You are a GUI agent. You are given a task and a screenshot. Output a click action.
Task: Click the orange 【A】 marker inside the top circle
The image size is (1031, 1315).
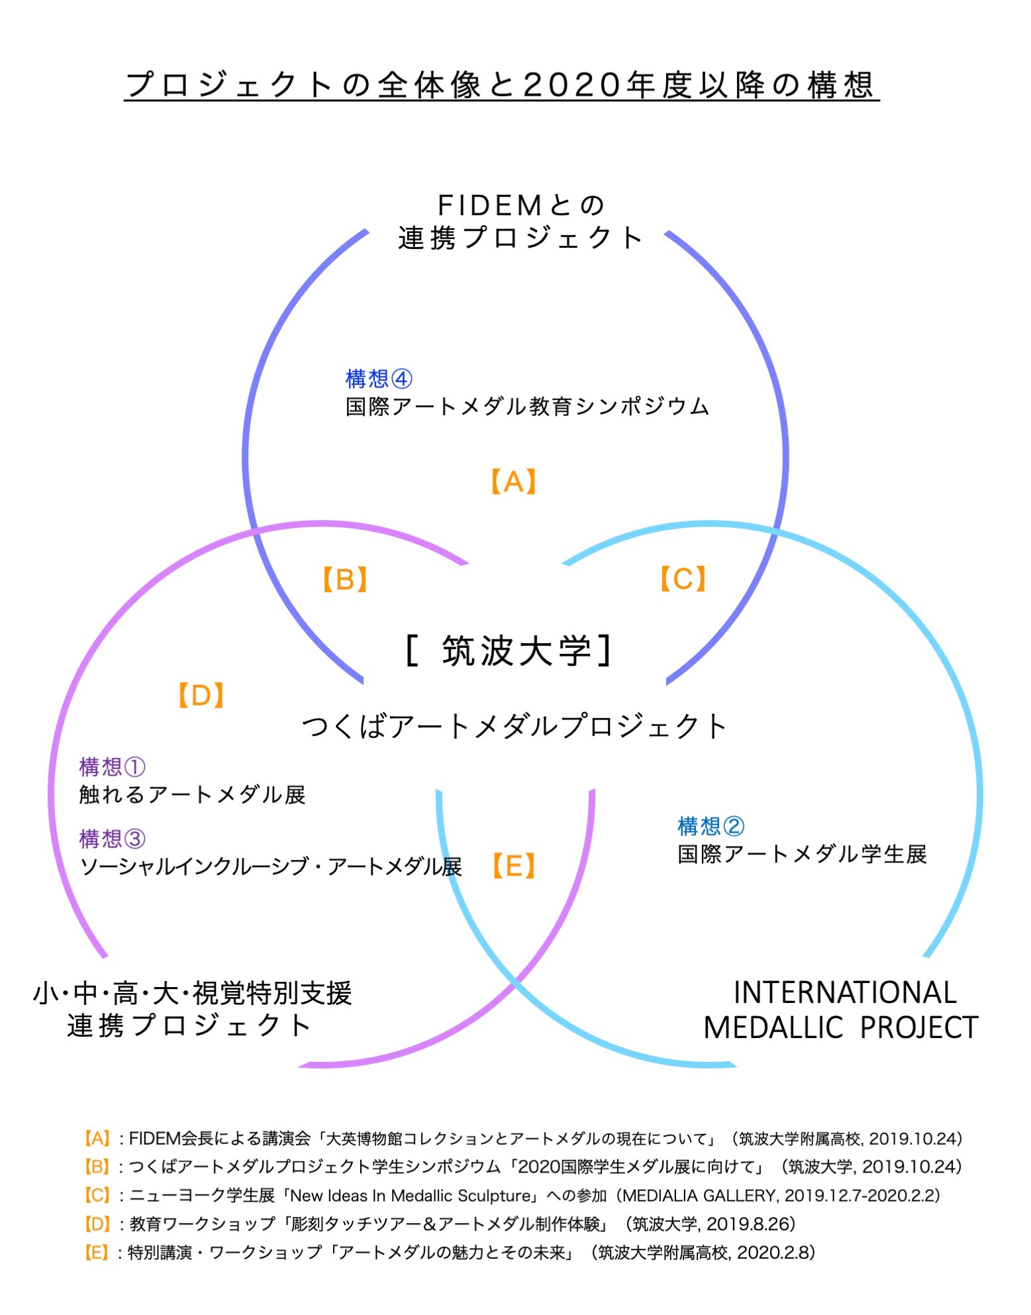(x=513, y=482)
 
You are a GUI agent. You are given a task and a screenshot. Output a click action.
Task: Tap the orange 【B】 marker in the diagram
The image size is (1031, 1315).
(x=345, y=579)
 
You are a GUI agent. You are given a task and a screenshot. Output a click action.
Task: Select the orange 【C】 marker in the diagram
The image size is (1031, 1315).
(x=683, y=578)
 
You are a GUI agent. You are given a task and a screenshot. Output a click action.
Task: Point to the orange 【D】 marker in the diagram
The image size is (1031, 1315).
(x=201, y=696)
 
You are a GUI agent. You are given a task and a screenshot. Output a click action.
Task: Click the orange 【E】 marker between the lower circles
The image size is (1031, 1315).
(x=515, y=866)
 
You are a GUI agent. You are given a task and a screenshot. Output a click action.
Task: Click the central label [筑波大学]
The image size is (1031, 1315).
(x=509, y=651)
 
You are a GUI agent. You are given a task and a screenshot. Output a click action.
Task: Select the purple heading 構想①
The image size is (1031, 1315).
(x=112, y=766)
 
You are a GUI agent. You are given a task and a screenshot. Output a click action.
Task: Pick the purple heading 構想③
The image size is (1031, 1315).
(x=112, y=839)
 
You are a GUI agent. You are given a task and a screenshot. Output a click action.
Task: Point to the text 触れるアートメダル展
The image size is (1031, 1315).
(x=192, y=794)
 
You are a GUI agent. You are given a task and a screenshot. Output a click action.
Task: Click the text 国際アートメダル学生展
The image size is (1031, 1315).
(x=802, y=854)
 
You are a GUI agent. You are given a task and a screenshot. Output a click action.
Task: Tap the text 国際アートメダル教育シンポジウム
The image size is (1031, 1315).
(x=527, y=406)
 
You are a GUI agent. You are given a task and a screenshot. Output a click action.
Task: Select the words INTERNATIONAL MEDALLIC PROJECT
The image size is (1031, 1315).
(x=841, y=1010)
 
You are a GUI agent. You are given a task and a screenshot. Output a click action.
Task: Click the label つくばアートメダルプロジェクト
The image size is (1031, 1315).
(x=515, y=726)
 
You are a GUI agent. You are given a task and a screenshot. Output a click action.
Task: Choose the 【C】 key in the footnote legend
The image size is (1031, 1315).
(x=97, y=1195)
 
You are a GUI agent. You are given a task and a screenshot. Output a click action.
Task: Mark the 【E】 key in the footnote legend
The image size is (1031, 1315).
(x=97, y=1252)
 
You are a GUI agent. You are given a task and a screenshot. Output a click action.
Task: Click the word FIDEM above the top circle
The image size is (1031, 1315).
(x=491, y=206)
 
